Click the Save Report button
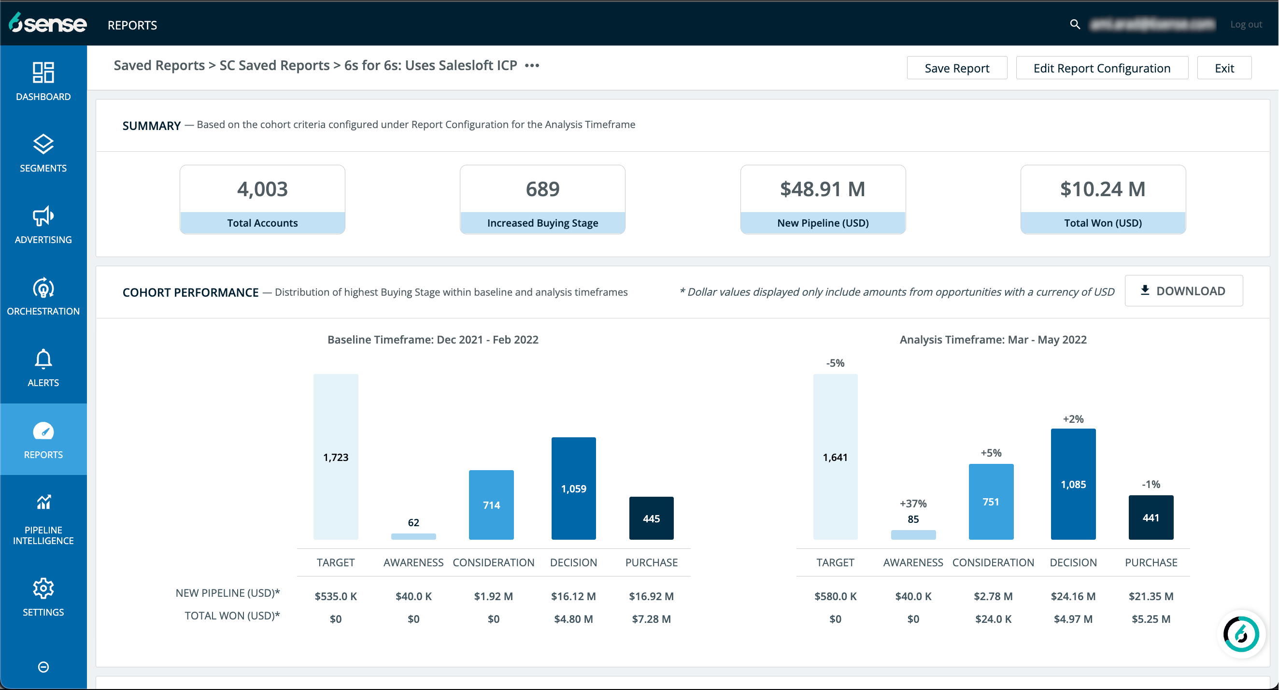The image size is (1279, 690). [x=956, y=68]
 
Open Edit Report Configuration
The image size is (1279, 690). [x=1101, y=68]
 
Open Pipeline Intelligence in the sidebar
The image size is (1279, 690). [x=43, y=519]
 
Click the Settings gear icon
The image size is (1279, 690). [x=43, y=589]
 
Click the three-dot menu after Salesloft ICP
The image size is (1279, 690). [x=532, y=66]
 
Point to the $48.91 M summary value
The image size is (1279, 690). [x=822, y=189]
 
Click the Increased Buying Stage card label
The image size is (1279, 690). [x=542, y=223]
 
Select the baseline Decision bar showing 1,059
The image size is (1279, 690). [x=573, y=489]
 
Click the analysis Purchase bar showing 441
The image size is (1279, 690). [x=1151, y=517]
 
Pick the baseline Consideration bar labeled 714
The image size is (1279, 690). [x=491, y=505]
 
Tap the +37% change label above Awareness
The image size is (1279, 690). [x=912, y=503]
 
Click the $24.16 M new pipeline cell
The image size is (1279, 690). [x=1072, y=596]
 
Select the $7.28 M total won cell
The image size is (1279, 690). [x=651, y=619]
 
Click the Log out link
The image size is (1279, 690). [x=1245, y=24]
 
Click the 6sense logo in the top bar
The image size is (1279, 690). [x=48, y=23]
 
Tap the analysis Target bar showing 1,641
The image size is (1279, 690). [x=835, y=457]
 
